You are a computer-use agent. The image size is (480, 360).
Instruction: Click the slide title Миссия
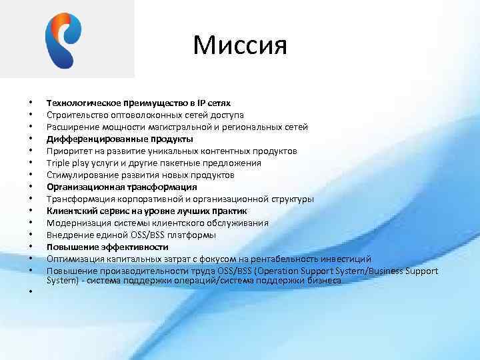[240, 45]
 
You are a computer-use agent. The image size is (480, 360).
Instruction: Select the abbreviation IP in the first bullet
[200, 103]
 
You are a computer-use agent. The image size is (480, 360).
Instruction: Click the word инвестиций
[347, 259]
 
